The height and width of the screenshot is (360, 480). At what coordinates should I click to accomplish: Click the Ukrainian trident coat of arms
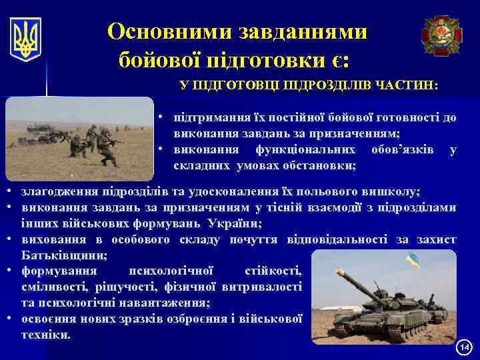pos(26,39)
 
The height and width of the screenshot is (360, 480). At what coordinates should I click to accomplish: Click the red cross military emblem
pos(441,35)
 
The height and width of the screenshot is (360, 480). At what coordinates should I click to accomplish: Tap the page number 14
pos(464,347)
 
